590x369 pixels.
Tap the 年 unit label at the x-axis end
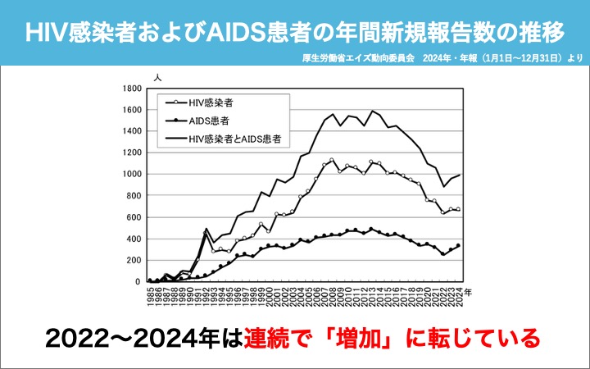coord(468,289)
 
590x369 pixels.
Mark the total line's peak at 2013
coord(372,111)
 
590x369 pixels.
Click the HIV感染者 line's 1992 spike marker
coord(206,231)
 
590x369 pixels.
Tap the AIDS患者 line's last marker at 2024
coord(459,245)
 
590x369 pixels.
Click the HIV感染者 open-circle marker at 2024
coord(459,209)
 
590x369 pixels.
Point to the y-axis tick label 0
coord(140,281)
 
